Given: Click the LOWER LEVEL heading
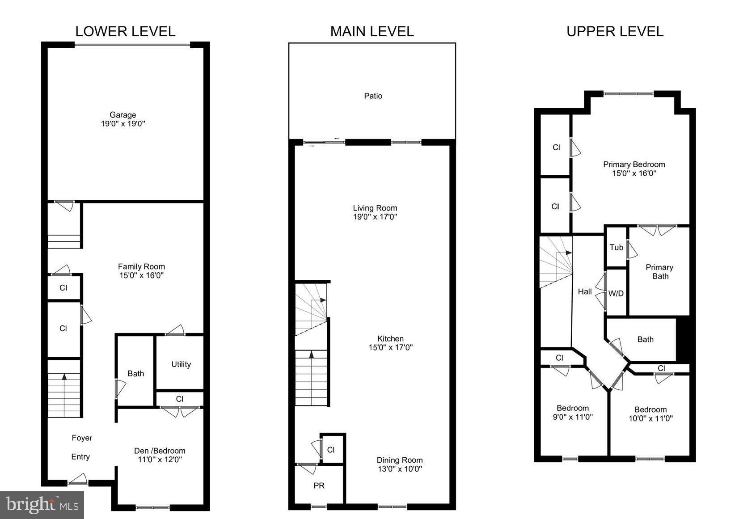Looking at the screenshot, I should [x=125, y=31].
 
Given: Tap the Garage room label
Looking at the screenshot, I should [x=122, y=115].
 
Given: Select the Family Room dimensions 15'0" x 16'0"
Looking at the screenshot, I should [x=141, y=275].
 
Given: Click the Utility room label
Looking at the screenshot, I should [x=181, y=364].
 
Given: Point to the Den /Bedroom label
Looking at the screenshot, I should [x=160, y=451].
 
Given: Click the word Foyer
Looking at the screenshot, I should [x=82, y=438].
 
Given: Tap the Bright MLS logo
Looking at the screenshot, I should [x=42, y=505].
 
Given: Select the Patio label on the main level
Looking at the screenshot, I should [x=373, y=96].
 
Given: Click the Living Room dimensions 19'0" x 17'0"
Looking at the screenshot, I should [x=375, y=217].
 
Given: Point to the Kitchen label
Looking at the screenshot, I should [x=390, y=338].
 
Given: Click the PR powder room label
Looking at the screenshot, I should [x=319, y=485].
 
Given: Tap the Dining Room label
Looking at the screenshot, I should [x=399, y=460].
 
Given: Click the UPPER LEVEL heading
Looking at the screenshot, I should [x=615, y=31].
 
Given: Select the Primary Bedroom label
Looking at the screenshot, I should [x=634, y=164].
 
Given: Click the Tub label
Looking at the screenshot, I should [x=616, y=247].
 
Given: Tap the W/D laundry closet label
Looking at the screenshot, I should [x=616, y=293].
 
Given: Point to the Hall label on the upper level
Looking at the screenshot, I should [x=584, y=291].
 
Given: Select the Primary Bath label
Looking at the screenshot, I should [x=659, y=272].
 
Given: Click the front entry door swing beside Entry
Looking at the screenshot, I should [x=78, y=479].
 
